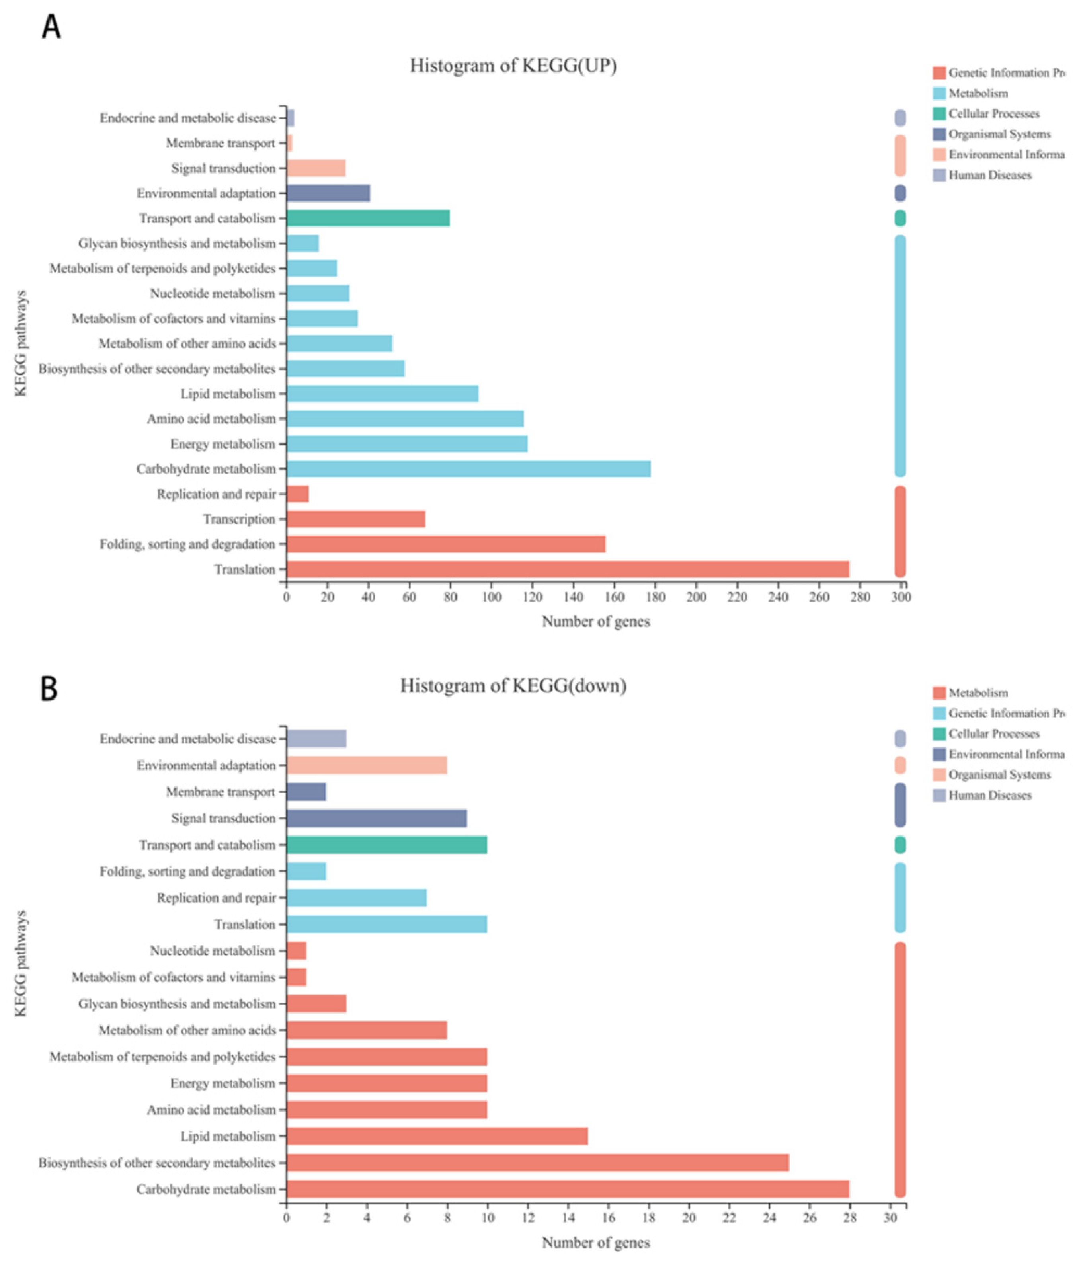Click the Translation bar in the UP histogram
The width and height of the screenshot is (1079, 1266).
point(567,569)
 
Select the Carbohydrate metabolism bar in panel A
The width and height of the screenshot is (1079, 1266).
point(468,469)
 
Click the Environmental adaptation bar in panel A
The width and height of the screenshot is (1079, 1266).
point(328,193)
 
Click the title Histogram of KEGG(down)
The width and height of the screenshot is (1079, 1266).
point(513,686)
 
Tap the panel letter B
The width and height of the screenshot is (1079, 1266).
point(49,689)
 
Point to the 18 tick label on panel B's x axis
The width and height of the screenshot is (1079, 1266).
point(649,1217)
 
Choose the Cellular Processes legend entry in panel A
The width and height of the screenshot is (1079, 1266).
point(993,114)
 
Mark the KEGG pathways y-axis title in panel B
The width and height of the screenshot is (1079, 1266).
point(21,964)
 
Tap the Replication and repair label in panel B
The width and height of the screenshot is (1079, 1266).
point(216,897)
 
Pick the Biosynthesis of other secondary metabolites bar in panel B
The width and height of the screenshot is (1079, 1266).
point(537,1163)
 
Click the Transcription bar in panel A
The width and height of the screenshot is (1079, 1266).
point(355,519)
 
